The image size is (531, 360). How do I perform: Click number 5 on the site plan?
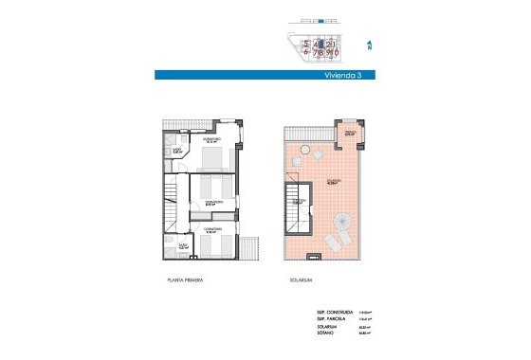point(306,43)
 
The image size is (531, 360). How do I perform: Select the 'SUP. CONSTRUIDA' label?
point(335,311)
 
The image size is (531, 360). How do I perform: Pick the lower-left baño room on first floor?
point(179,248)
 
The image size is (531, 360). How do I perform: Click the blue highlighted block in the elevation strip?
point(321,19)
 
